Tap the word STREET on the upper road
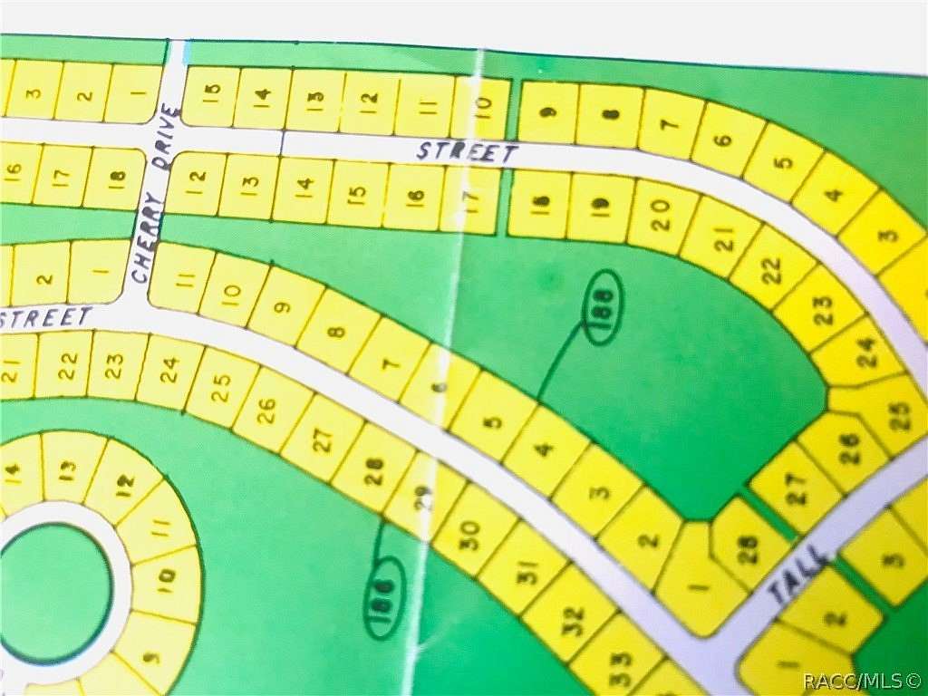(467, 152)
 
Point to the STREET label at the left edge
(46, 317)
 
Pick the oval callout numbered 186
(384, 596)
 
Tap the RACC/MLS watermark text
(861, 678)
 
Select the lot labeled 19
(600, 208)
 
